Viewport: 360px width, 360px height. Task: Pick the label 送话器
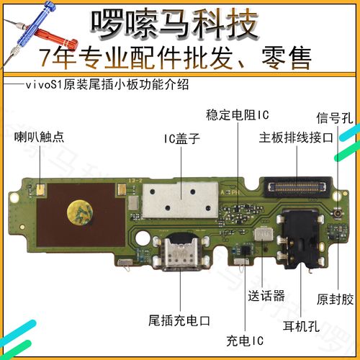point(266,295)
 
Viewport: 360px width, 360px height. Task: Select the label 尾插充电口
point(176,318)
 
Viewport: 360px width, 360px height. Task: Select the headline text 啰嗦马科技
point(174,24)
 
